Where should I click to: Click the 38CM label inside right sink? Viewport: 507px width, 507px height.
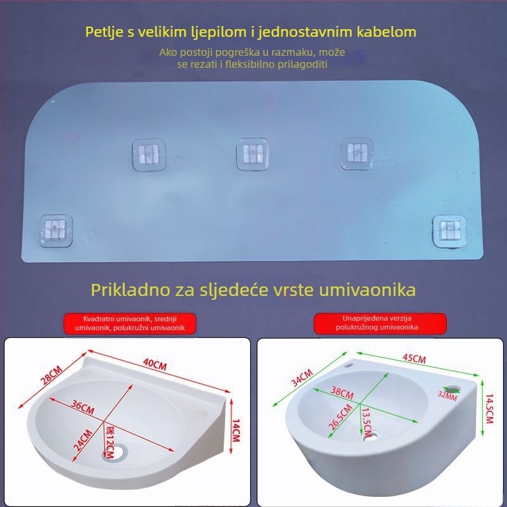coord(342,394)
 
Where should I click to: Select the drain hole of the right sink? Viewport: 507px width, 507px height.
coord(368,436)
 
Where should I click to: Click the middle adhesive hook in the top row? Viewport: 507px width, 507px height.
coord(253,154)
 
